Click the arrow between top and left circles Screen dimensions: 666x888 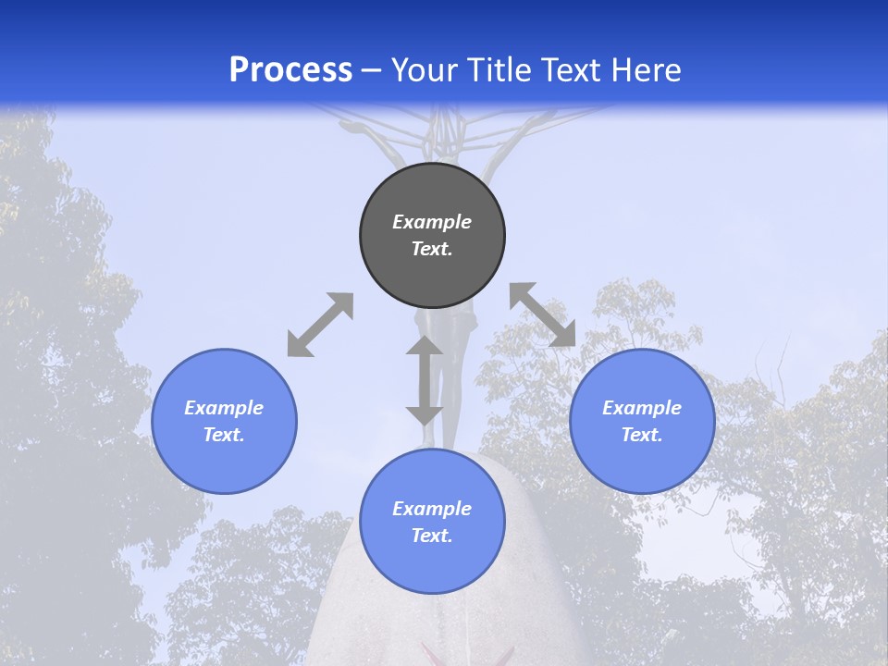320,325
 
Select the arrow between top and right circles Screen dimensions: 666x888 543,314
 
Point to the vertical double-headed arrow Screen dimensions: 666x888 425,380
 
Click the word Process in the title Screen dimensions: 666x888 290,69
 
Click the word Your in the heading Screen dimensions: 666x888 423,69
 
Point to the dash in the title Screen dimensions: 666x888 372,70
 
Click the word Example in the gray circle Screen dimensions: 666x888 432,222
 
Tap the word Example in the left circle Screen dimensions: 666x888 224,408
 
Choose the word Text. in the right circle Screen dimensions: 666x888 642,435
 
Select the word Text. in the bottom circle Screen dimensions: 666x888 432,536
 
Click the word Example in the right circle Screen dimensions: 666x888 642,408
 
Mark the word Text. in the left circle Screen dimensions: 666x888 224,435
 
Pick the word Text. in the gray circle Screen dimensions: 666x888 432,249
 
